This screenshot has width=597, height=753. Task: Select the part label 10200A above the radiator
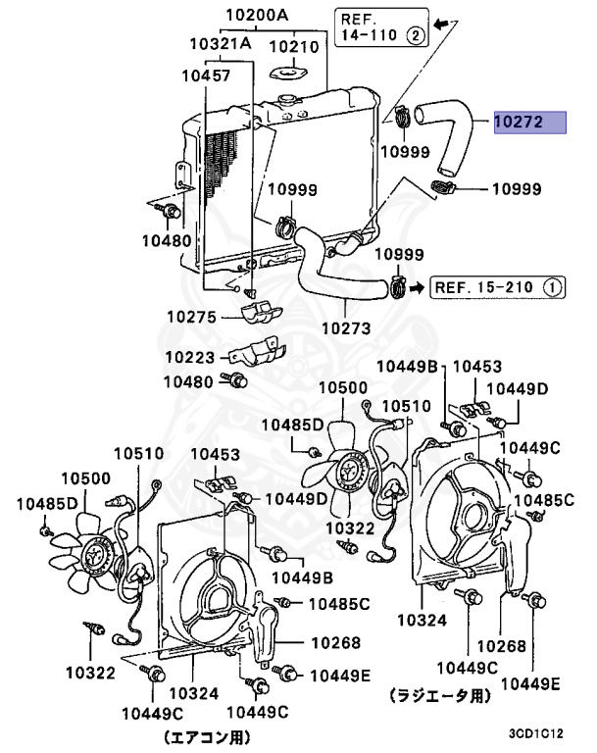(257, 15)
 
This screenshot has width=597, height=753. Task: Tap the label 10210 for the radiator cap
(294, 47)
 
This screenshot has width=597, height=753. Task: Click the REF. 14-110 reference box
(381, 26)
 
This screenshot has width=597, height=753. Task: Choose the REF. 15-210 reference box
(497, 287)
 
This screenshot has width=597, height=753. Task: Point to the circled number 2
(416, 35)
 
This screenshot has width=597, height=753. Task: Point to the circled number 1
(552, 287)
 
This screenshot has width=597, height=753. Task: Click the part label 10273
(346, 328)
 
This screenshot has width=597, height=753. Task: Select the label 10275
(191, 317)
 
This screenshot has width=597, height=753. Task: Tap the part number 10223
(190, 357)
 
